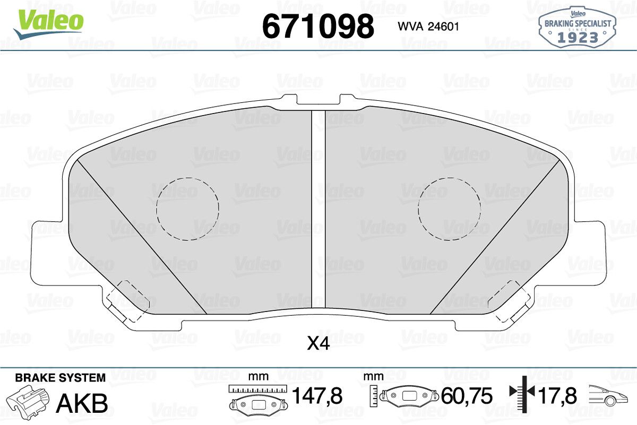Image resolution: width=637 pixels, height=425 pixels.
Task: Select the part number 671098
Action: click(x=318, y=27)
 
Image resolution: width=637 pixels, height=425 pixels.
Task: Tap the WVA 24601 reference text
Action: click(x=428, y=27)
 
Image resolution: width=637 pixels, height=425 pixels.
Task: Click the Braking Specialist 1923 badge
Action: click(x=578, y=27)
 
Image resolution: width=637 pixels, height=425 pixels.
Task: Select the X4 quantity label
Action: click(x=318, y=343)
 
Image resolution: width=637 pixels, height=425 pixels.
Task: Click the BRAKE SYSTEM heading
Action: click(x=61, y=378)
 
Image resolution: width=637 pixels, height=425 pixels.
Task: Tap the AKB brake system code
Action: click(x=82, y=403)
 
